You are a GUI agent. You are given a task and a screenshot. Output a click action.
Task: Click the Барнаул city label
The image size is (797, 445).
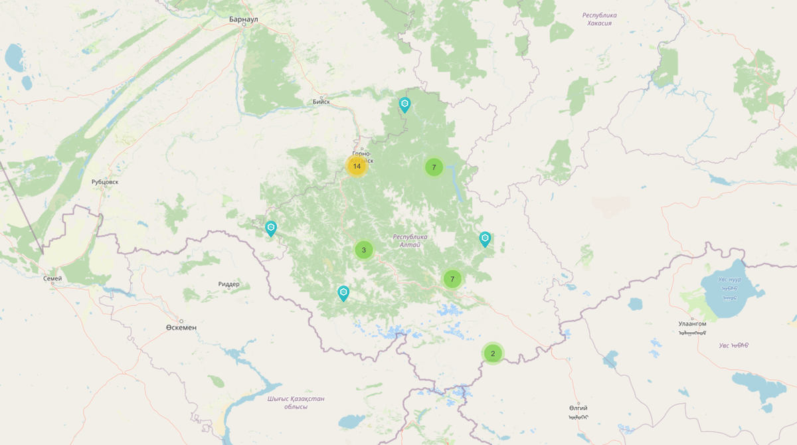243,20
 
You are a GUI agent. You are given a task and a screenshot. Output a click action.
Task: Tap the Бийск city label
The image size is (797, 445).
321,102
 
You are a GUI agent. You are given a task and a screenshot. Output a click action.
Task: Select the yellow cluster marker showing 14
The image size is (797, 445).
357,166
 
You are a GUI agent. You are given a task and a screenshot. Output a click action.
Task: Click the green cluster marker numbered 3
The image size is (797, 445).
363,250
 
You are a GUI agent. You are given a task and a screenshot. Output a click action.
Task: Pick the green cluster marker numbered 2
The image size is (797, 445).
493,353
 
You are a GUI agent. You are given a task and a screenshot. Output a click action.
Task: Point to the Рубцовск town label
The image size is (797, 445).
105,181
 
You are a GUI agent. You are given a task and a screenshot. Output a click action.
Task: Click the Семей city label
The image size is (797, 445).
52,279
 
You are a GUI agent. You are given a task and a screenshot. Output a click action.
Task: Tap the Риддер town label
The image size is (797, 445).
228,284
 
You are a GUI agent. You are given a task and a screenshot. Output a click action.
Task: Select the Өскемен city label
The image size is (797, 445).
181,327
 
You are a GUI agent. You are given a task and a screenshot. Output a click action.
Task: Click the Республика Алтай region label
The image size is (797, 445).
410,241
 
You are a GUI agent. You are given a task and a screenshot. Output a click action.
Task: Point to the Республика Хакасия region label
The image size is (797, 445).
599,19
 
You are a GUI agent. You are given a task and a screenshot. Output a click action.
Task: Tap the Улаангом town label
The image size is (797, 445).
692,323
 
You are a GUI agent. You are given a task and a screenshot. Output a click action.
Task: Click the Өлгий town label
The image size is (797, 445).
578,408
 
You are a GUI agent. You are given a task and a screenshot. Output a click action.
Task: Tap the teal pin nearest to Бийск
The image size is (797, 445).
404,104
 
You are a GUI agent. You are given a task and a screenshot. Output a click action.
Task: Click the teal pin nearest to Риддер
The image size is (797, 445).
271,228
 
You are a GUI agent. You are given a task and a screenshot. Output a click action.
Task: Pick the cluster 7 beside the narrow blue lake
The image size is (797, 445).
434,167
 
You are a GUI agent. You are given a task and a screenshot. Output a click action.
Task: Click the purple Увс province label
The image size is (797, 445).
734,345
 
